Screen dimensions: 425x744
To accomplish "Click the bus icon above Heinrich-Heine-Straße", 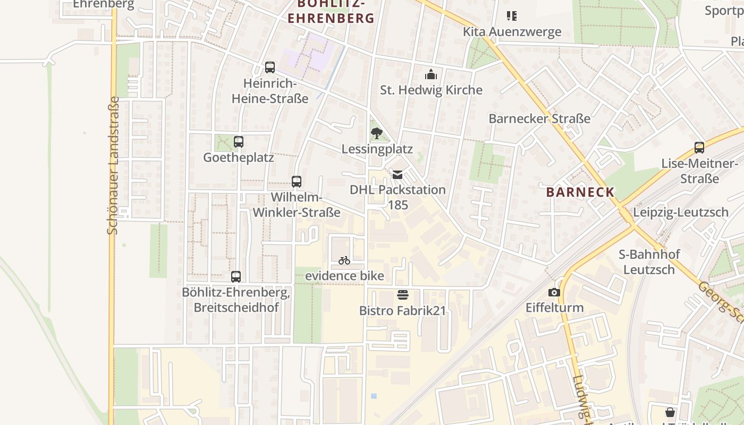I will pyautogui.click(x=270, y=67).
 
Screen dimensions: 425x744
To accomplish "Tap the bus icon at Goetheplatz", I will pyautogui.click(x=239, y=142).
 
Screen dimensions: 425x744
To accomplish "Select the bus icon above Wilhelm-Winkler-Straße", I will pyautogui.click(x=297, y=182).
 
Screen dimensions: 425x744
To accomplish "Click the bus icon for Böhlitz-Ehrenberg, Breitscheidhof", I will pyautogui.click(x=236, y=277).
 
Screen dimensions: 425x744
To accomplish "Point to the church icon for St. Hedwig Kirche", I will pyautogui.click(x=431, y=74).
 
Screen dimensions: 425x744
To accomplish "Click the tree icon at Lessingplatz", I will pyautogui.click(x=377, y=133).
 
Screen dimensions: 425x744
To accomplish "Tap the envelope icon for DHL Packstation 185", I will pyautogui.click(x=398, y=174).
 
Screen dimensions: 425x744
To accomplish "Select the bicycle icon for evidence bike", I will pyautogui.click(x=344, y=260).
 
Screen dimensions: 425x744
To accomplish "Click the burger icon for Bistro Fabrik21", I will pyautogui.click(x=403, y=295).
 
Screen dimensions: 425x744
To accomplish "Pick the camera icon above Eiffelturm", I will pyautogui.click(x=554, y=292).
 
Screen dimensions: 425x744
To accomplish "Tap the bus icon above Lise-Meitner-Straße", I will pyautogui.click(x=699, y=148).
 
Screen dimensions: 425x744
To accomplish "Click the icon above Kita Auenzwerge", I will pyautogui.click(x=512, y=16).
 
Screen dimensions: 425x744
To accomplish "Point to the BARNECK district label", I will pyautogui.click(x=580, y=192).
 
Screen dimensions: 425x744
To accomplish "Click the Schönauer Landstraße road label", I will pyautogui.click(x=113, y=165).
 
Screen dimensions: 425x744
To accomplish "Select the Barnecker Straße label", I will pyautogui.click(x=539, y=118).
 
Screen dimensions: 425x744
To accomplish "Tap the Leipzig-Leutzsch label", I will pyautogui.click(x=681, y=212).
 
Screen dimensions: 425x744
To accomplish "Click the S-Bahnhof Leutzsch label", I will pyautogui.click(x=649, y=262).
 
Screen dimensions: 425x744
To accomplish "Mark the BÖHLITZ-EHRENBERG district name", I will pyautogui.click(x=331, y=11).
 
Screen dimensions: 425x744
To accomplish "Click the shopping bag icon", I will pyautogui.click(x=670, y=412).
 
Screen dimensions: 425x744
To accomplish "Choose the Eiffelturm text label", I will pyautogui.click(x=555, y=308).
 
